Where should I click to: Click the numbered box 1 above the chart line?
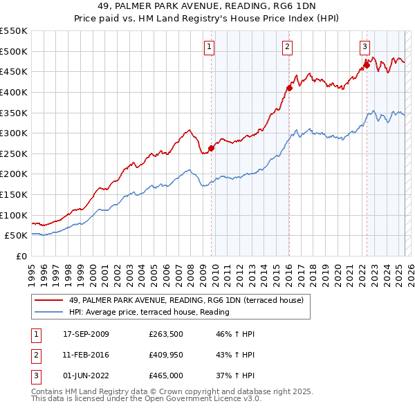point(209,47)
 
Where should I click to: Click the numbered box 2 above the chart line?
point(286,47)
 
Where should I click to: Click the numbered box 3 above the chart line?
point(364,47)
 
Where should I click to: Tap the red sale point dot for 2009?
point(212,147)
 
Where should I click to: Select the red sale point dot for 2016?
point(290,88)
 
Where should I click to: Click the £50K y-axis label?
point(17,235)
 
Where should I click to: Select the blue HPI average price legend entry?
point(149,312)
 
